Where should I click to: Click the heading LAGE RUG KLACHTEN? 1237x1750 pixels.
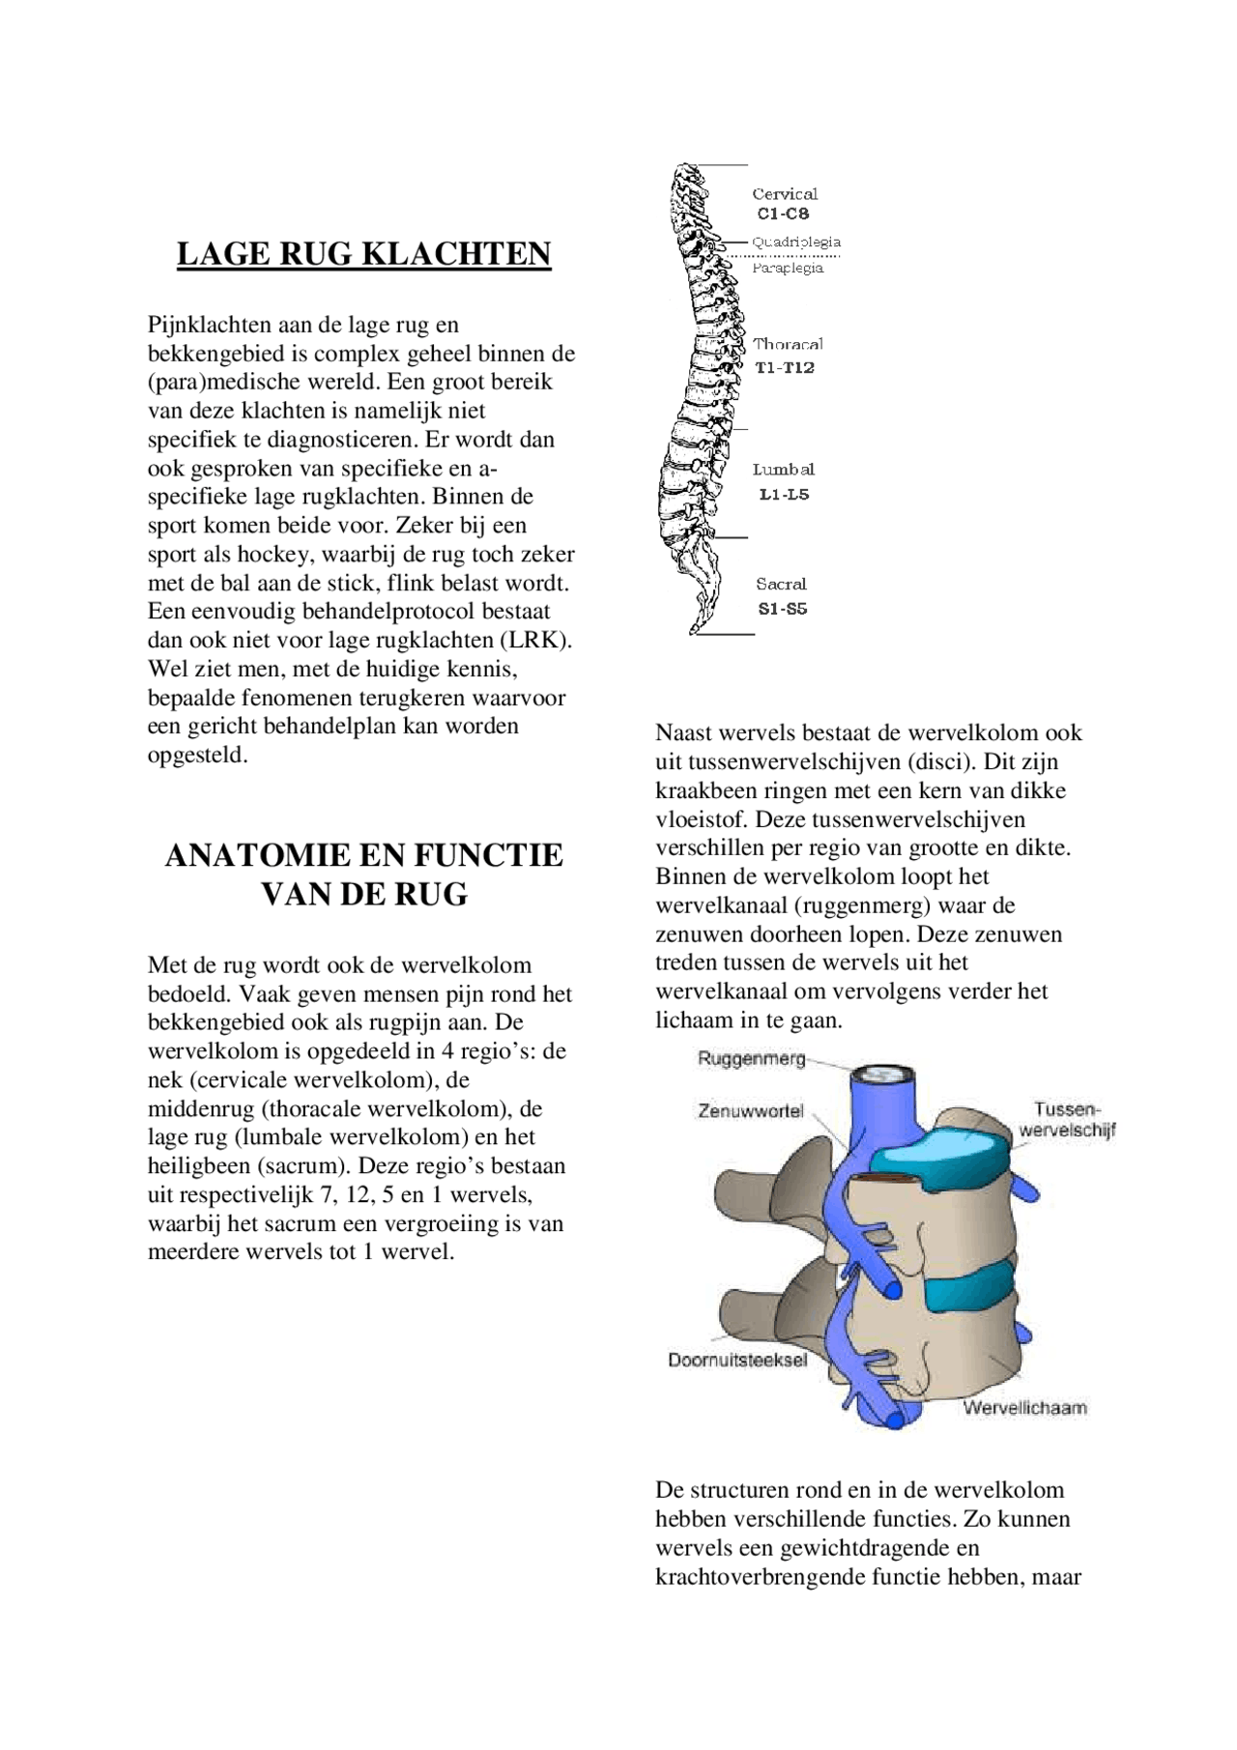click(363, 253)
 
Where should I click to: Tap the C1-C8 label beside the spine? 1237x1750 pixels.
click(783, 214)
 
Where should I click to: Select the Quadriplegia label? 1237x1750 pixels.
click(796, 242)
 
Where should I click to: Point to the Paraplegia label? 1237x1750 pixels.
click(788, 268)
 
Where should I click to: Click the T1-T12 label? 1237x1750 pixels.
click(784, 367)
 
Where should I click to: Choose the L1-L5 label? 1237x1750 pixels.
click(784, 494)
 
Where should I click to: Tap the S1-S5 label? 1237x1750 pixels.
click(782, 609)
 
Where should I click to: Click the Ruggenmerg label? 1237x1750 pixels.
click(751, 1058)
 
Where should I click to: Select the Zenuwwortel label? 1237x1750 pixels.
click(750, 1111)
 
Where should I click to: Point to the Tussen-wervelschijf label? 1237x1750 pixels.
click(1067, 1120)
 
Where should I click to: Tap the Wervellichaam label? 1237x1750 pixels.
click(1024, 1408)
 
